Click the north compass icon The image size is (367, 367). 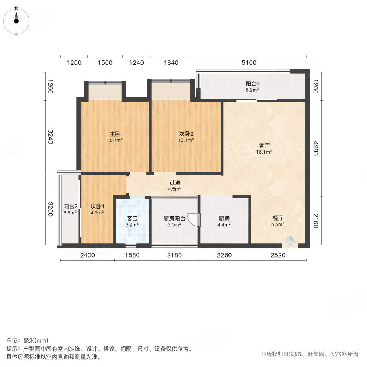(x=16, y=20)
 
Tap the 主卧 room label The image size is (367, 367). (x=115, y=134)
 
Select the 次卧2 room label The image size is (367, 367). (x=186, y=134)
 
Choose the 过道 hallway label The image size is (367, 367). (x=175, y=183)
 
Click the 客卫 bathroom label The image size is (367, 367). (x=133, y=218)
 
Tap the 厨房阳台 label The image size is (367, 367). (x=174, y=218)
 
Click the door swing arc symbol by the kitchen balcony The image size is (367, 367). (x=193, y=220)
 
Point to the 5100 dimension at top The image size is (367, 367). (x=249, y=62)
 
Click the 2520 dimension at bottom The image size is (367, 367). (x=278, y=255)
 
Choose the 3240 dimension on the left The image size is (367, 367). (x=50, y=136)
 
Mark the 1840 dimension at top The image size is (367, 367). (x=171, y=62)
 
